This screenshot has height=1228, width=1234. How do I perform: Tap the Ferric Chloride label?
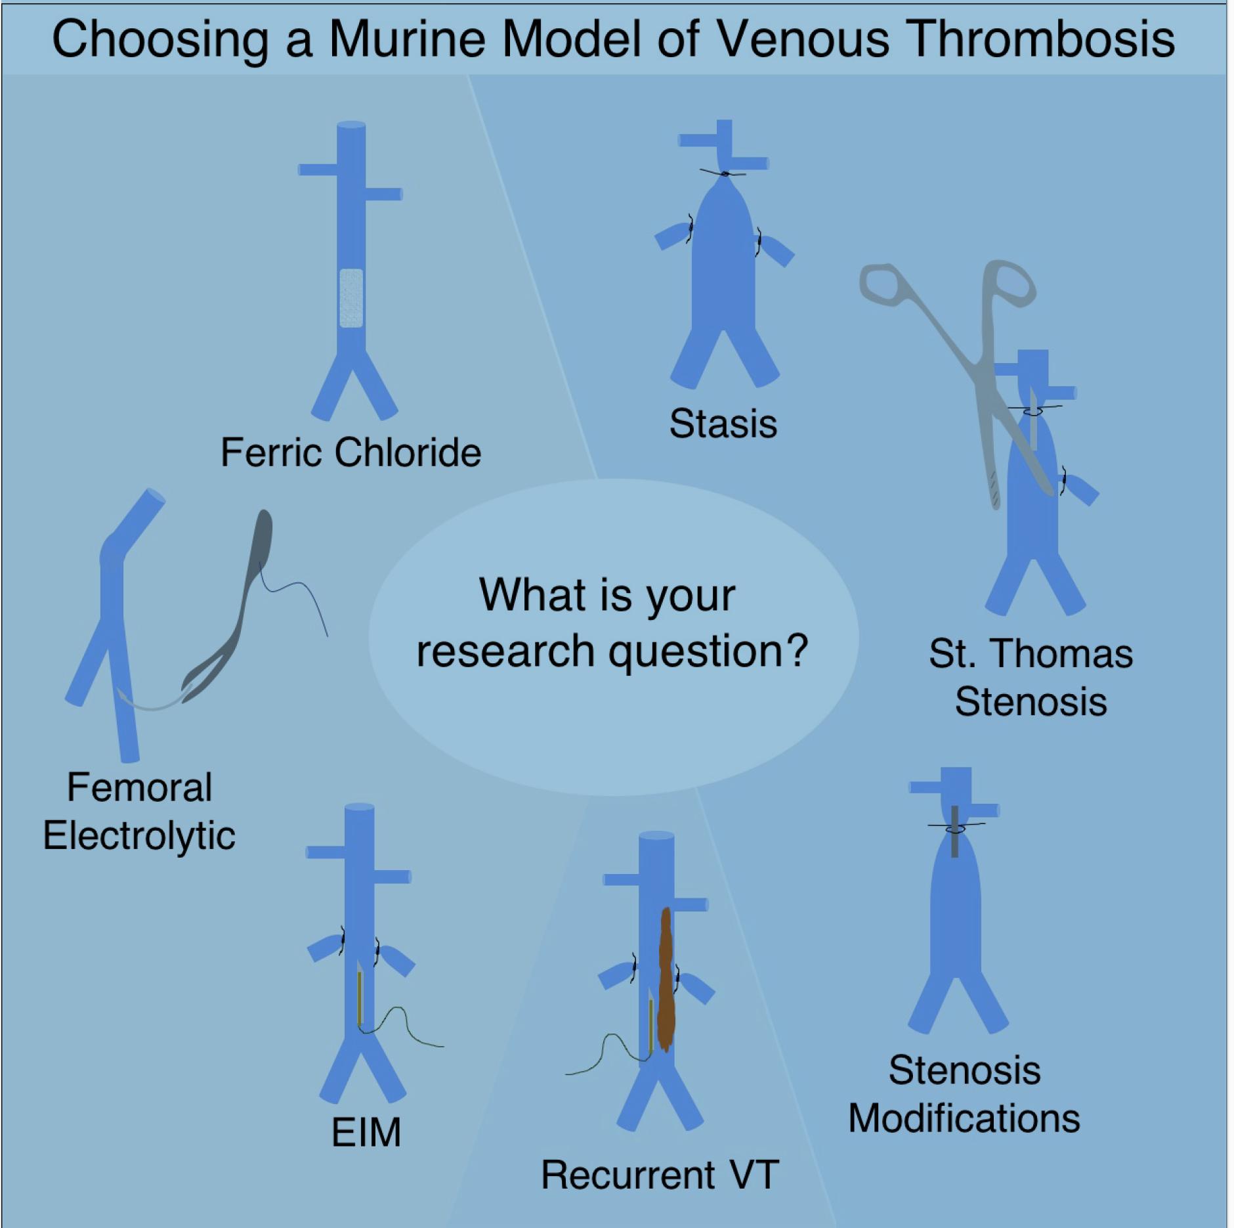tap(351, 452)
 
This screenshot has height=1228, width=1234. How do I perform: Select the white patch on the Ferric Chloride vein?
tap(351, 298)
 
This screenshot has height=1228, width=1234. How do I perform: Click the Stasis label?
tap(723, 424)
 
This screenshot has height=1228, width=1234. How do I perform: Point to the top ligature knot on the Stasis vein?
tap(725, 173)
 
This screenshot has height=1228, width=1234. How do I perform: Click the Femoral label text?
tap(139, 787)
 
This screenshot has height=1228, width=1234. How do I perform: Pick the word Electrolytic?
tap(139, 836)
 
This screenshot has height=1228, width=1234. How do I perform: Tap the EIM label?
tap(366, 1133)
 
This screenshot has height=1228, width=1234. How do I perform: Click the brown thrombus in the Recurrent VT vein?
tap(666, 978)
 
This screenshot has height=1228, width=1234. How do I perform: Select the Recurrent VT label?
tap(660, 1175)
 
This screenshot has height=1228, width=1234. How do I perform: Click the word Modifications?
tap(964, 1118)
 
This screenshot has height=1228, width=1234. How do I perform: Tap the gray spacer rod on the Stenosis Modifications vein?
tap(954, 831)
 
